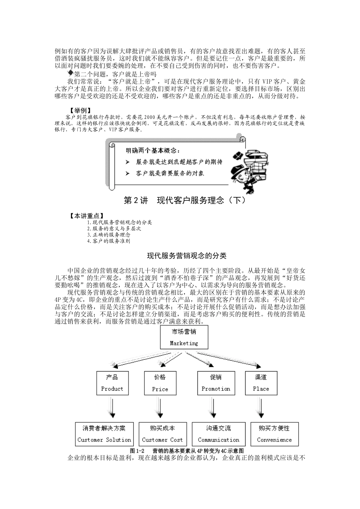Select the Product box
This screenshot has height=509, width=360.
(x=112, y=383)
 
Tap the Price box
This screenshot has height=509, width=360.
(x=160, y=383)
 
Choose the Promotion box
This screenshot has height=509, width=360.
(x=216, y=383)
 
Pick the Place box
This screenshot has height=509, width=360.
(x=261, y=383)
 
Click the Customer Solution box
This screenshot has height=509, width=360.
(x=104, y=434)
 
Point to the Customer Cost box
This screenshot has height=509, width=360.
(x=162, y=434)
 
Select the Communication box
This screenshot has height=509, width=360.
(x=219, y=434)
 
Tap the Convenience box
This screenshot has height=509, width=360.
(x=274, y=434)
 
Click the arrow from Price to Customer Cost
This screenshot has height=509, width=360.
(x=160, y=409)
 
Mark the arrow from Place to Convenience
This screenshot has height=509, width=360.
(x=261, y=409)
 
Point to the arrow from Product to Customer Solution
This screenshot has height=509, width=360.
(x=112, y=409)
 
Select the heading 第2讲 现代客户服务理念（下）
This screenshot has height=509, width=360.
(x=185, y=200)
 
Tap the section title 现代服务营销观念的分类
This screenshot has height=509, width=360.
(x=186, y=256)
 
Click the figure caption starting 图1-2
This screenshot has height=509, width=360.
(x=186, y=451)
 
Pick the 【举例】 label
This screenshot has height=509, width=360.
(x=80, y=110)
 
